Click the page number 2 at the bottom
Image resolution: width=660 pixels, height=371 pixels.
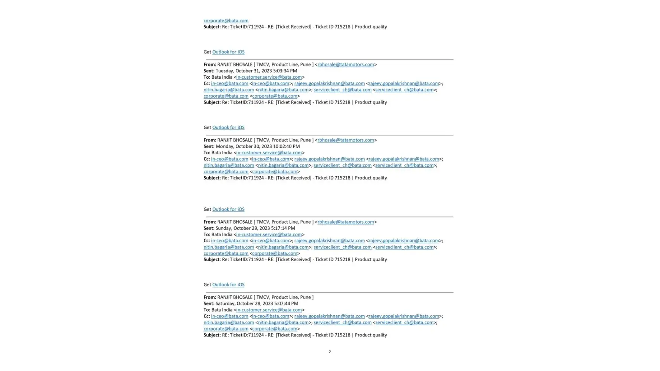(x=329, y=352)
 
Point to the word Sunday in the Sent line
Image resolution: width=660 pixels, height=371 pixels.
(x=223, y=228)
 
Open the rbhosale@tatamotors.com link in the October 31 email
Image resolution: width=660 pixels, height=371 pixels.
(x=346, y=65)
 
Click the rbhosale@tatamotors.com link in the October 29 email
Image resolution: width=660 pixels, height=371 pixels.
(x=346, y=222)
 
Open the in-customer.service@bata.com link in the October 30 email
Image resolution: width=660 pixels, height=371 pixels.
(x=269, y=153)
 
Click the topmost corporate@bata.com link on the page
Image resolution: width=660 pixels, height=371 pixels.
(x=226, y=21)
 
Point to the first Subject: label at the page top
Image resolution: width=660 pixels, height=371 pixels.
(x=212, y=27)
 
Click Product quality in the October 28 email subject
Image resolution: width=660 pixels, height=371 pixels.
(x=370, y=335)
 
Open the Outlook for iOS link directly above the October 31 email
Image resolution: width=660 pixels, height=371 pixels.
(x=228, y=52)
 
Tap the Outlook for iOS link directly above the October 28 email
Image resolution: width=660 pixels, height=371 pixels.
(x=228, y=285)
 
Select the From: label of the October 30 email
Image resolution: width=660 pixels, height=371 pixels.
(x=209, y=140)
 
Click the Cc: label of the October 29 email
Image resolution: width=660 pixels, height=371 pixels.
(x=206, y=241)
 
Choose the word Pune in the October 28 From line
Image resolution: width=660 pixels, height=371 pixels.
(x=305, y=297)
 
